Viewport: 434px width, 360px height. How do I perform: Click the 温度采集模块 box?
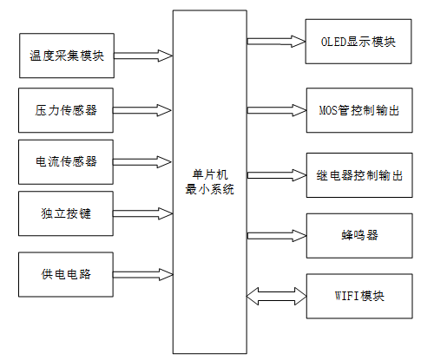click(x=66, y=56)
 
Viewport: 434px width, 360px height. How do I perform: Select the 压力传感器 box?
click(x=66, y=110)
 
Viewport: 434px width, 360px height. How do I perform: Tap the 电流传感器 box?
click(x=66, y=161)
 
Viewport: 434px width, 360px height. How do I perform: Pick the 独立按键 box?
click(x=66, y=214)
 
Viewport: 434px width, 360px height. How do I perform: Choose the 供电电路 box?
click(x=66, y=275)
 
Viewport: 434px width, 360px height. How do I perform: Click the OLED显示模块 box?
click(x=358, y=41)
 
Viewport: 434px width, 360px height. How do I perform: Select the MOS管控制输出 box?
click(x=358, y=110)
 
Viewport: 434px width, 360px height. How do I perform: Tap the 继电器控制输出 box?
click(x=358, y=174)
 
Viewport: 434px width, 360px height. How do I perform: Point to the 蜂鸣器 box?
click(x=358, y=235)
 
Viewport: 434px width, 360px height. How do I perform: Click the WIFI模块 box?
click(x=358, y=296)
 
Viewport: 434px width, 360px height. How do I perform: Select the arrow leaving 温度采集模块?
click(x=143, y=56)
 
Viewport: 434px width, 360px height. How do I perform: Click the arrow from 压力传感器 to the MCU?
click(x=143, y=110)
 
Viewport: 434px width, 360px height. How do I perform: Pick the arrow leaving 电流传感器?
click(x=143, y=161)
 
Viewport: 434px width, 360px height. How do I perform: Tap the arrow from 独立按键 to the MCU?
click(x=143, y=213)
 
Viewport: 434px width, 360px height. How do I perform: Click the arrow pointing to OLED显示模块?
click(x=277, y=40)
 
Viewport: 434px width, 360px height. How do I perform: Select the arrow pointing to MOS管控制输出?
click(x=277, y=109)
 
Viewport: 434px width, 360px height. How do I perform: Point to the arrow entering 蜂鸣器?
click(x=277, y=234)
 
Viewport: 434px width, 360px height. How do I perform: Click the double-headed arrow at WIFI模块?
click(x=277, y=295)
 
